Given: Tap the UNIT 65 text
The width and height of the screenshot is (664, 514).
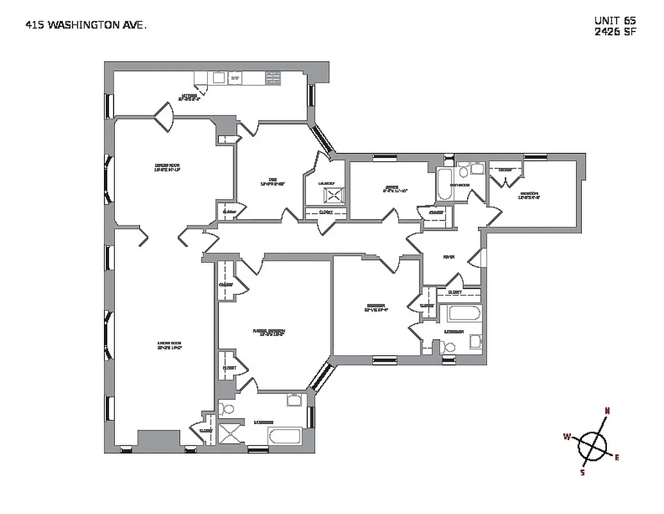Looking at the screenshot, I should [x=615, y=21].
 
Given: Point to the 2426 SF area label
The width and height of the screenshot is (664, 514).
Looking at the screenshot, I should [x=615, y=32].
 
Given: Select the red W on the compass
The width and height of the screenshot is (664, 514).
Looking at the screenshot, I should [x=567, y=437].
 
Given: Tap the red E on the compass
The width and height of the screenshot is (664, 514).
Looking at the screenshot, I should [x=617, y=457].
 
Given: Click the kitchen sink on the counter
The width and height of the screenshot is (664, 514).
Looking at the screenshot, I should [x=218, y=78].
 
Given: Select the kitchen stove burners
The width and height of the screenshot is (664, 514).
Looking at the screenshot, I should [x=235, y=78].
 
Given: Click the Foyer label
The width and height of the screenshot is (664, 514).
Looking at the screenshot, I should [x=448, y=257].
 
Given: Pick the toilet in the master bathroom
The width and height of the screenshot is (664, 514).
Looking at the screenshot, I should [x=229, y=408].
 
